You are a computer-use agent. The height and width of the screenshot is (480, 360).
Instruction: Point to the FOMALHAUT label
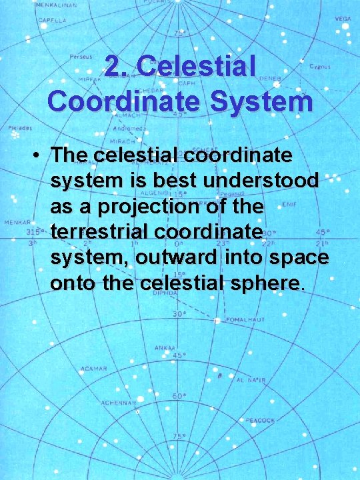246,320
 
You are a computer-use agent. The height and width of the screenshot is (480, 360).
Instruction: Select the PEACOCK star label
260,421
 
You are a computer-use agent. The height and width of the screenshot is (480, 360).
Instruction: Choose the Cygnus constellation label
319,67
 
